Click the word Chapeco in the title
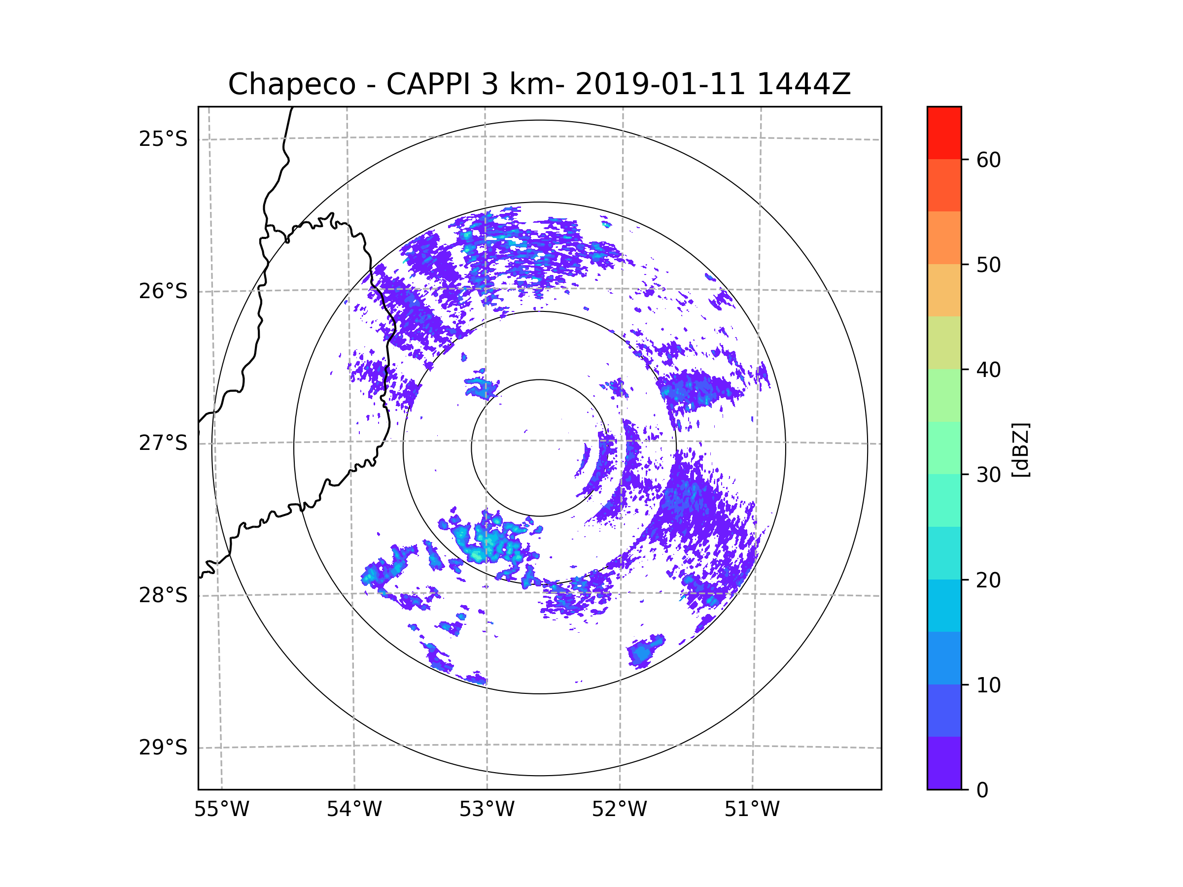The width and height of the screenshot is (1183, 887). [x=291, y=84]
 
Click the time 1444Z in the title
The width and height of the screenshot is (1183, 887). [x=803, y=84]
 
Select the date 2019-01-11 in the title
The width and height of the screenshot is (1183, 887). [x=660, y=84]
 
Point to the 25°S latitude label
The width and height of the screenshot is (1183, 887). [x=163, y=139]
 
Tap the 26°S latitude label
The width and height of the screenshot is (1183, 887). [x=163, y=291]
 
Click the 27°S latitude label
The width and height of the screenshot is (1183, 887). [x=163, y=443]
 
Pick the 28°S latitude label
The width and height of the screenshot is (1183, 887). [x=163, y=595]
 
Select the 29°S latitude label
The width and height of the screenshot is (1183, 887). [x=163, y=748]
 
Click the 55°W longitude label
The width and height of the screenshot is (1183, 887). [x=221, y=810]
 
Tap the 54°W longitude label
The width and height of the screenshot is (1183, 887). [x=354, y=810]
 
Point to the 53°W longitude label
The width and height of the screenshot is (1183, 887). [x=487, y=810]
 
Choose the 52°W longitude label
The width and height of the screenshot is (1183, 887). [x=619, y=810]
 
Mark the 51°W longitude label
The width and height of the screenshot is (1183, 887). [x=752, y=810]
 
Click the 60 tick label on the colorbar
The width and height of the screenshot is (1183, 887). [x=988, y=160]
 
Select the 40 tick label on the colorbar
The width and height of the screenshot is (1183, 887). [x=988, y=370]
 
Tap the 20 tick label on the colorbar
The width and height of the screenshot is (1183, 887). [x=988, y=580]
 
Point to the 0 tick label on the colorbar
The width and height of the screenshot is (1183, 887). [x=982, y=790]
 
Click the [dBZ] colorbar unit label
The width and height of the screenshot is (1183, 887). [x=1020, y=449]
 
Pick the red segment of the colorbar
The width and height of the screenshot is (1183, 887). [x=944, y=133]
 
